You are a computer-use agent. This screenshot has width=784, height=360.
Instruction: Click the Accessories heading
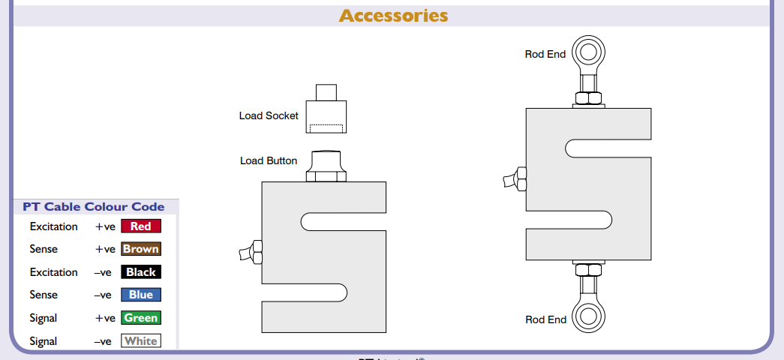393,15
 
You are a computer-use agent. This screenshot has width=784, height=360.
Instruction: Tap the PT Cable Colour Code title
94,207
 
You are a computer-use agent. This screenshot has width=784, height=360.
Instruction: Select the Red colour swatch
141,226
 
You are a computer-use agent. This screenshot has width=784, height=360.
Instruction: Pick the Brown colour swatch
141,249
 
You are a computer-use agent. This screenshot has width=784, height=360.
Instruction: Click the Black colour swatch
141,272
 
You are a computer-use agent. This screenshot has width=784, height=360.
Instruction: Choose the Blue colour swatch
141,295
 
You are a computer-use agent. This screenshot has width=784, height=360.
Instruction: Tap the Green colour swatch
141,318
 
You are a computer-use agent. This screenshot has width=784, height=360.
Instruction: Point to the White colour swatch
141,341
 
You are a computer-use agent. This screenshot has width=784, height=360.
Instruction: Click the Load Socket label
269,115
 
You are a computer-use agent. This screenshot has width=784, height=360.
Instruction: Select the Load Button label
269,160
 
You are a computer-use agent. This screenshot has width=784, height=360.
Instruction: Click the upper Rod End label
545,54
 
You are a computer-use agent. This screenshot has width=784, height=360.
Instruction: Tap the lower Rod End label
545,319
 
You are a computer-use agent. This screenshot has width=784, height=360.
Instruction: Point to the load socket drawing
326,109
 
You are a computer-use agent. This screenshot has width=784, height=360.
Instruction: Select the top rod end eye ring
587,53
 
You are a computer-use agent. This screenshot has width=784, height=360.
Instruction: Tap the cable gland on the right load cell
516,180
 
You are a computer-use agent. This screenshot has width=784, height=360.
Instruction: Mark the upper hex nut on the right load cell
587,97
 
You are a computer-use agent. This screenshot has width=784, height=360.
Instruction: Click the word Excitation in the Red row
53,226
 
